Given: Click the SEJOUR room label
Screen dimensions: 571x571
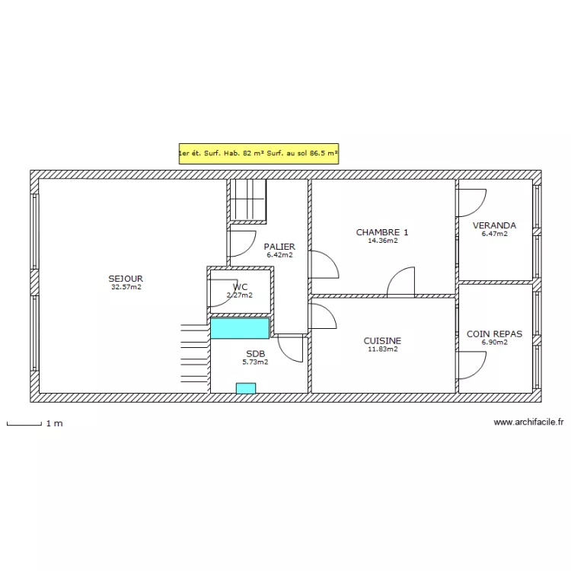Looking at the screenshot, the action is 126,279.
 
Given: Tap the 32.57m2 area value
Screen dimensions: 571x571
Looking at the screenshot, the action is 126,287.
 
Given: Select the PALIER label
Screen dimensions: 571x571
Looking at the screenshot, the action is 279,247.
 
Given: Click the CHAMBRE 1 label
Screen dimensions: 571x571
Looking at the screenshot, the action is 382,232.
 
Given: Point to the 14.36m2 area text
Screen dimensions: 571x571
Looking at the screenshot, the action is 383,241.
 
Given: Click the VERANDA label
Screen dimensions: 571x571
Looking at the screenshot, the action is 494,225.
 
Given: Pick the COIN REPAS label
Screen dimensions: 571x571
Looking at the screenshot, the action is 494,334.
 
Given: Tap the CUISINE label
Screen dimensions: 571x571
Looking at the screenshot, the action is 382,341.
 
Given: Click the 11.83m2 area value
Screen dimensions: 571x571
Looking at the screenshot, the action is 383,349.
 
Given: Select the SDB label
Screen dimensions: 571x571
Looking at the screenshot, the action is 255,353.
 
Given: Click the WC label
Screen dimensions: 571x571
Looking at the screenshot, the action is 240,287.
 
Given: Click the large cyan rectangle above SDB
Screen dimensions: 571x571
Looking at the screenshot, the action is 240,328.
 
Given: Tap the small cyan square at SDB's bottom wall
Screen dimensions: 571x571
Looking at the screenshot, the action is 246,388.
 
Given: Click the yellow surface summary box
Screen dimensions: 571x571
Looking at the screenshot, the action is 259,153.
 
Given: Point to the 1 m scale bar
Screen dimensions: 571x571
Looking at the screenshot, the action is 24,423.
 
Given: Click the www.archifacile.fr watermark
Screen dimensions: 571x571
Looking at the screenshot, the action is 528,422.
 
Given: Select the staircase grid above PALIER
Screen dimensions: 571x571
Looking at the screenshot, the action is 248,199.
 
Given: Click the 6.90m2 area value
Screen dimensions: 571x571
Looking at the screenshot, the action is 495,343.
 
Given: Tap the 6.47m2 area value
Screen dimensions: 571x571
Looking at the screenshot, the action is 495,234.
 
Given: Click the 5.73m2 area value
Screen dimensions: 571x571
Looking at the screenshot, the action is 255,362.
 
